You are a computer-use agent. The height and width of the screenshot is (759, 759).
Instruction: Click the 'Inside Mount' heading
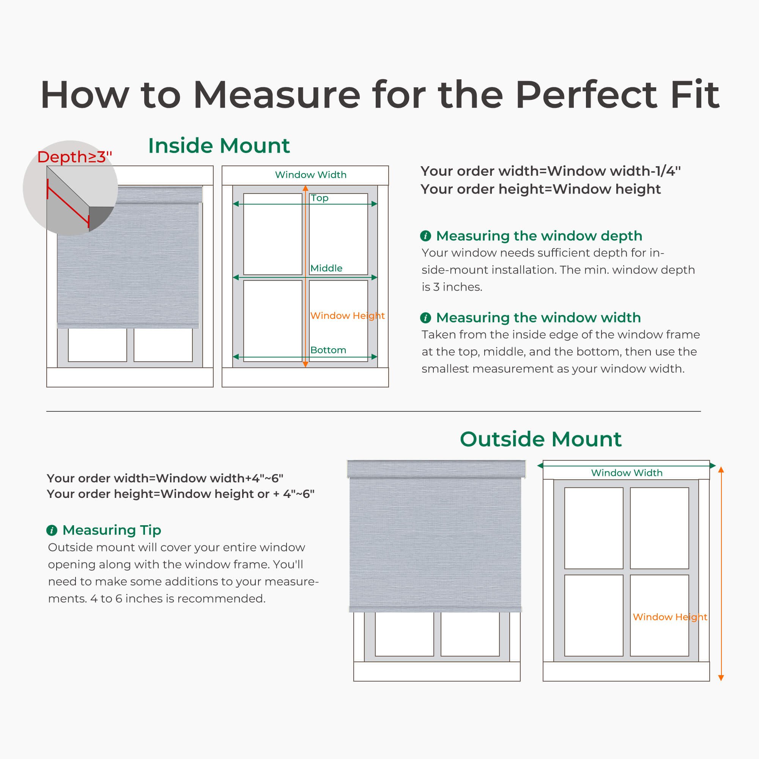tap(219, 146)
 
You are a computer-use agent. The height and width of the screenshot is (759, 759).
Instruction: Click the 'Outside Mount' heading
tap(540, 439)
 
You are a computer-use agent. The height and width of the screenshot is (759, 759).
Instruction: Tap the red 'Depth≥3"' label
tap(75, 157)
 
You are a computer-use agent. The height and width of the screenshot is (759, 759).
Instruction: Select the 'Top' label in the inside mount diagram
tap(320, 198)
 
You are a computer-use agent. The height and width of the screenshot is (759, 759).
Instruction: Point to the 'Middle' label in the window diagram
tap(326, 268)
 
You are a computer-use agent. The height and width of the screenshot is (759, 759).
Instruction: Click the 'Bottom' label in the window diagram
tap(328, 350)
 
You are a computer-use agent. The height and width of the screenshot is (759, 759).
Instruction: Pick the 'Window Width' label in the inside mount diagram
tap(311, 175)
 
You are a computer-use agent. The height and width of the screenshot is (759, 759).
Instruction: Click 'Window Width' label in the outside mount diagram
tap(627, 472)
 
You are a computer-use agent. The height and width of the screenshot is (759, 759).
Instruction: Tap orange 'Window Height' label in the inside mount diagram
tap(347, 315)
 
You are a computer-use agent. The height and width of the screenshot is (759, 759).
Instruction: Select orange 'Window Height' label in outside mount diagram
tap(670, 617)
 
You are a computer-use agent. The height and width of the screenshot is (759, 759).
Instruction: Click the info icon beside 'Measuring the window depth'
tap(425, 236)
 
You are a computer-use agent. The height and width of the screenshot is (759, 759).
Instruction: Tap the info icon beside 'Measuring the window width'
tap(425, 317)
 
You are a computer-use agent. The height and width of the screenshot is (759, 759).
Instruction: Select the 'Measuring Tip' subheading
tap(112, 530)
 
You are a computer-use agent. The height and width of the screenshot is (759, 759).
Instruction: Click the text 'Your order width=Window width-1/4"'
tap(550, 171)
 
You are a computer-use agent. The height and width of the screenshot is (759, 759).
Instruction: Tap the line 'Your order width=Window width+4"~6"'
tap(165, 478)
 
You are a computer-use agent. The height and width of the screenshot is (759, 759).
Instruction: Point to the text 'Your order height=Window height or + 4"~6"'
tap(181, 494)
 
